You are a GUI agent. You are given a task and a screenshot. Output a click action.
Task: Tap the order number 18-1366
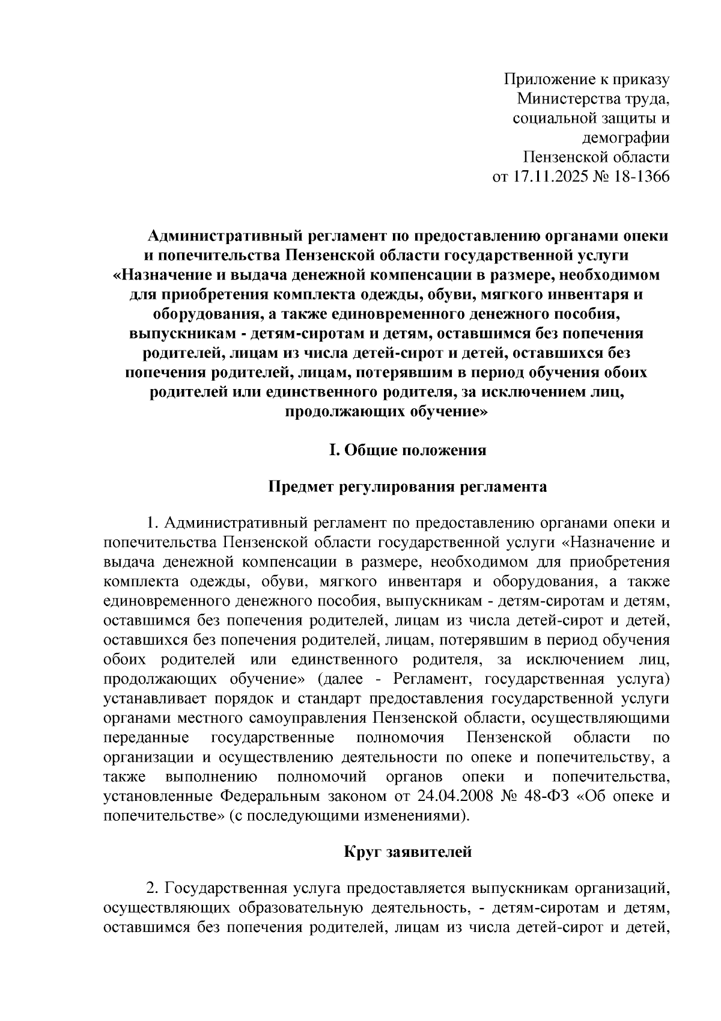coord(638,177)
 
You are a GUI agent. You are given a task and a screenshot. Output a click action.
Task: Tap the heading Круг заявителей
coord(407,852)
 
